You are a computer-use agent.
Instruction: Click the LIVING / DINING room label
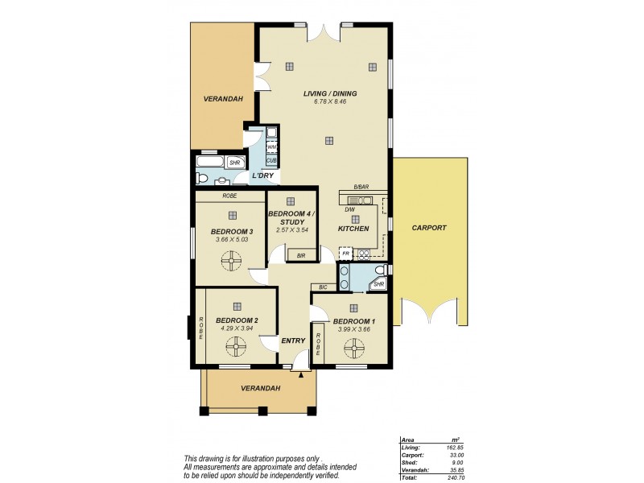[x=329, y=93]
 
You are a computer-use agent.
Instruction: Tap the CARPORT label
[x=428, y=228]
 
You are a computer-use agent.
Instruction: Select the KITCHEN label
[x=353, y=229]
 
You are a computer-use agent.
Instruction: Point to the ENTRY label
[x=293, y=341]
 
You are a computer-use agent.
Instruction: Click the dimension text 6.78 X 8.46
[x=329, y=101]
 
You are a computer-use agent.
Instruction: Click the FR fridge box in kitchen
[x=345, y=254]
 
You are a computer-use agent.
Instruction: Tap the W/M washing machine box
[x=272, y=147]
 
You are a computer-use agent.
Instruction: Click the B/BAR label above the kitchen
[x=361, y=189]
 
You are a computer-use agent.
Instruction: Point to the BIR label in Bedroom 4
[x=300, y=255]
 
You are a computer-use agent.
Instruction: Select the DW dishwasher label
[x=349, y=210]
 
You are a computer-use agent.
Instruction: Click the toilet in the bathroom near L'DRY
[x=203, y=178]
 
